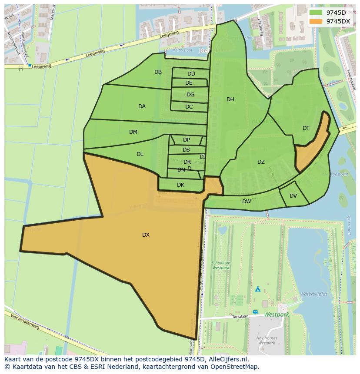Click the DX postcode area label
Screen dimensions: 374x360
(x=146, y=235)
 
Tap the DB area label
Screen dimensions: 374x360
(x=158, y=72)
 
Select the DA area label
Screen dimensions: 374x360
(x=142, y=106)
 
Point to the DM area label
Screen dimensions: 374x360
(x=133, y=132)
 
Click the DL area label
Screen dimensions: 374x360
(x=140, y=154)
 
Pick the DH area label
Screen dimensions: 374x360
(x=230, y=99)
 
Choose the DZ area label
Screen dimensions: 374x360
(x=261, y=162)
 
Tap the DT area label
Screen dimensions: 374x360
(x=306, y=128)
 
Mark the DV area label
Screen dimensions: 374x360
(x=293, y=196)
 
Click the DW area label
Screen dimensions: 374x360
(x=247, y=202)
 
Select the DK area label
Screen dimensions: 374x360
(x=180, y=185)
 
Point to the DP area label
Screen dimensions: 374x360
(x=187, y=140)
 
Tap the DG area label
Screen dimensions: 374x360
(x=190, y=95)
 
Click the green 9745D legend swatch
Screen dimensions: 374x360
(x=316, y=13)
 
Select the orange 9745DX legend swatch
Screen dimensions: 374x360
(x=316, y=21)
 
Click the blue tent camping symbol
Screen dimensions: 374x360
(x=257, y=288)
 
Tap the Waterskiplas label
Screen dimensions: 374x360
(x=313, y=294)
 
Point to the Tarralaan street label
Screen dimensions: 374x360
(x=240, y=317)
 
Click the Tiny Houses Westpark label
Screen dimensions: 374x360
(x=267, y=341)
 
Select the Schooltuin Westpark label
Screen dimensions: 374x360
(x=220, y=265)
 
